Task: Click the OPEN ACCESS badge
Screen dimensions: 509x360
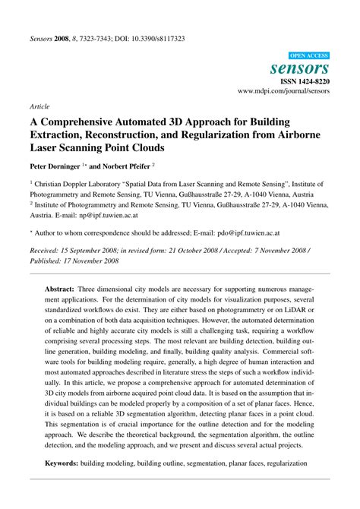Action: (x=309, y=55)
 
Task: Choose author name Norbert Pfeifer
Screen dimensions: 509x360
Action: (x=127, y=164)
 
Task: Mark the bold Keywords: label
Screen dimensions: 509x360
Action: (x=66, y=463)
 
